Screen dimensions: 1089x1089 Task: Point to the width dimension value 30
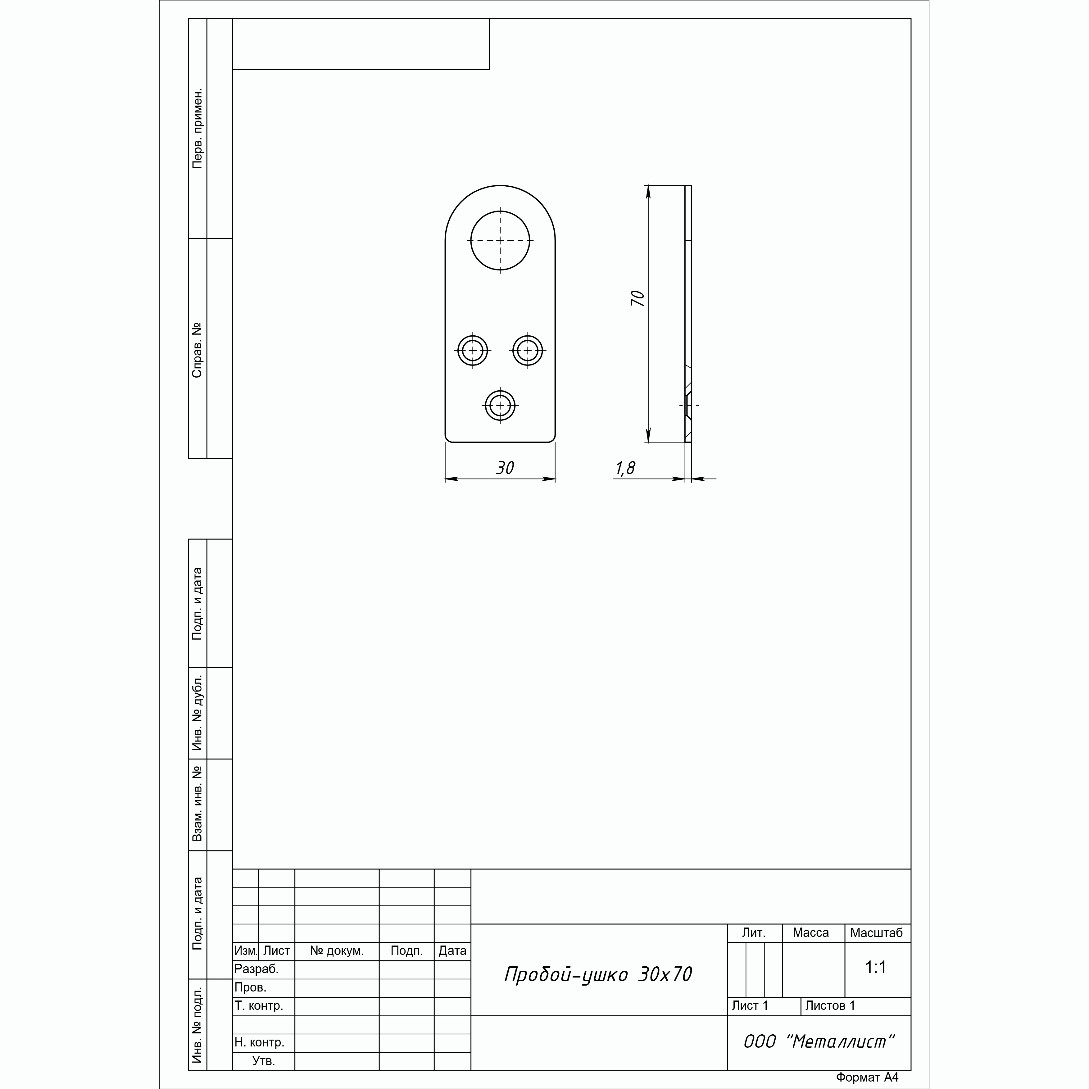point(505,468)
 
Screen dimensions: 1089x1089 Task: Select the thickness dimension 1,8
point(625,468)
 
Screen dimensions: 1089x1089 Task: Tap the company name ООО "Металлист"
point(819,1042)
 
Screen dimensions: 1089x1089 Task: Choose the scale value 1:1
point(876,967)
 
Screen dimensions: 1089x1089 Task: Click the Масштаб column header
point(877,933)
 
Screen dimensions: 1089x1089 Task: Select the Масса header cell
point(810,933)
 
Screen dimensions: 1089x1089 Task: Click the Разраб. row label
point(256,969)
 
